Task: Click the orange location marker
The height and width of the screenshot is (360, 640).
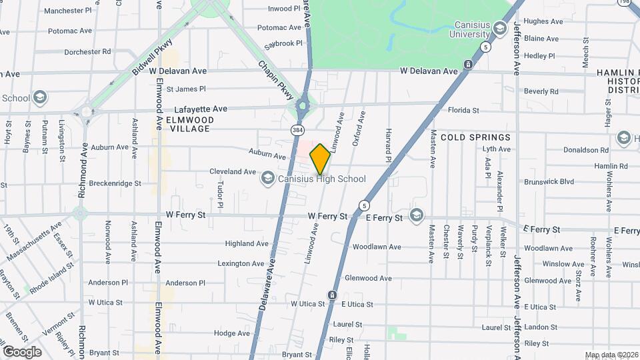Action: pyautogui.click(x=320, y=159)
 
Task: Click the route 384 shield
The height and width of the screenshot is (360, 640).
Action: pyautogui.click(x=295, y=129)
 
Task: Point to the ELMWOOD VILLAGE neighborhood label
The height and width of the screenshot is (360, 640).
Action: pyautogui.click(x=190, y=124)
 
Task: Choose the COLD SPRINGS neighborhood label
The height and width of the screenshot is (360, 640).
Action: pyautogui.click(x=475, y=137)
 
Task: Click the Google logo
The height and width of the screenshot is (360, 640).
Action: pyautogui.click(x=22, y=351)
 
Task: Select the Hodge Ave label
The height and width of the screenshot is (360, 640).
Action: pyautogui.click(x=232, y=333)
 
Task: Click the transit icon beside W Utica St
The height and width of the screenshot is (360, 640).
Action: pyautogui.click(x=331, y=295)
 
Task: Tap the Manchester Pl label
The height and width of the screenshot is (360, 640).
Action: pyautogui.click(x=67, y=11)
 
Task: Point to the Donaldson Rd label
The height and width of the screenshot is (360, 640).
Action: pyautogui.click(x=586, y=151)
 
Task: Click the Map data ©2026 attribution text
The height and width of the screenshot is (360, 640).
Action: pyautogui.click(x=610, y=355)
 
